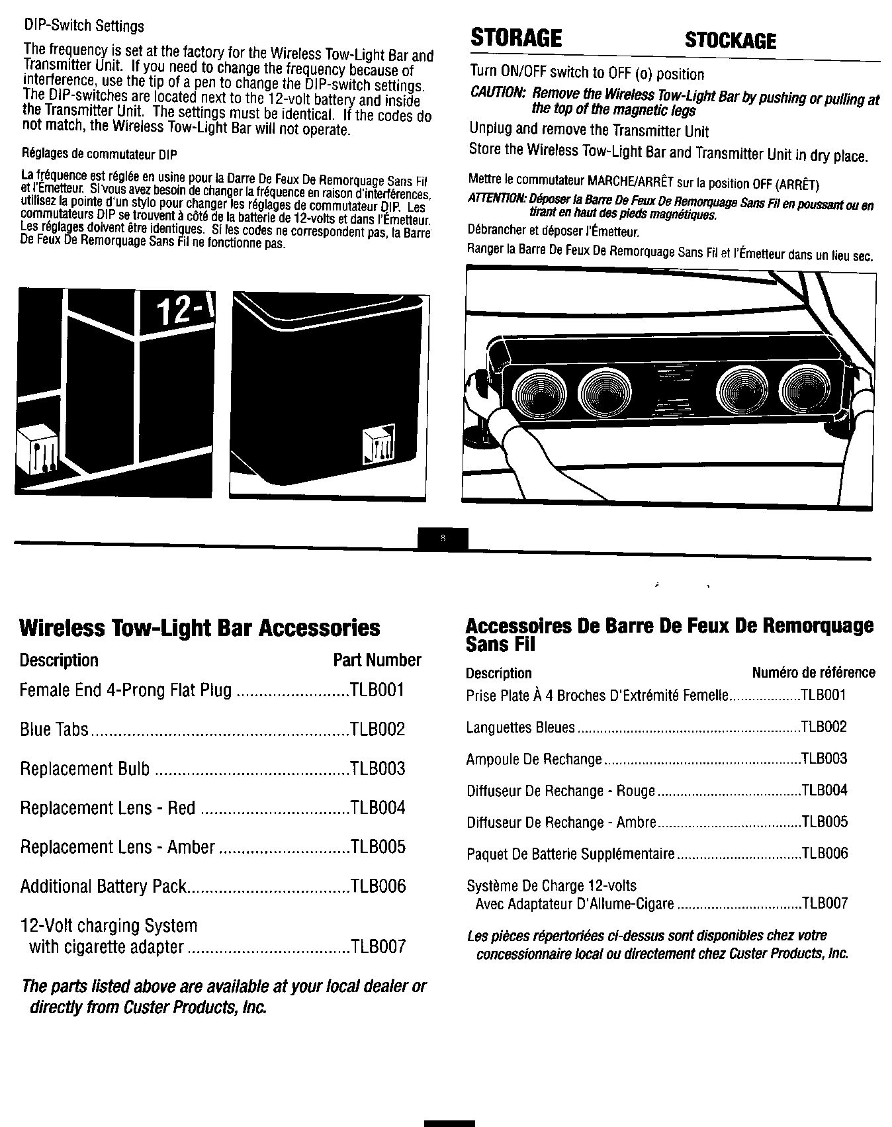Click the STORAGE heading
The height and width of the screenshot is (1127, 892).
[x=515, y=38]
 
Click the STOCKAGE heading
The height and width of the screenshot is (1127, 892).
[x=730, y=41]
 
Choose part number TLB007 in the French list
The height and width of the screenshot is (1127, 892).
[x=824, y=903]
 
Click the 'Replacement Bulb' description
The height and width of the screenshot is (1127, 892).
[x=85, y=769]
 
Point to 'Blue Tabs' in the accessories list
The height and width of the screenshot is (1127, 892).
[x=54, y=730]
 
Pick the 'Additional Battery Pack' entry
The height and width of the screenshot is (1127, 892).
[x=104, y=886]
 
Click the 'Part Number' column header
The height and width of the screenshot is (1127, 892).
[x=377, y=660]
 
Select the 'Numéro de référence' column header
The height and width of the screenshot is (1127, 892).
[x=813, y=673]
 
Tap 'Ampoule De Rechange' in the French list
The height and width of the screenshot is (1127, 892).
[x=534, y=759]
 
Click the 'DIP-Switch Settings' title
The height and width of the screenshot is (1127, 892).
[x=83, y=26]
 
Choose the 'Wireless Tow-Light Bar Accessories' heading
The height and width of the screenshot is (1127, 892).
[x=200, y=627]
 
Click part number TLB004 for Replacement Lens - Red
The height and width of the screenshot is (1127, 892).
[x=377, y=808]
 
